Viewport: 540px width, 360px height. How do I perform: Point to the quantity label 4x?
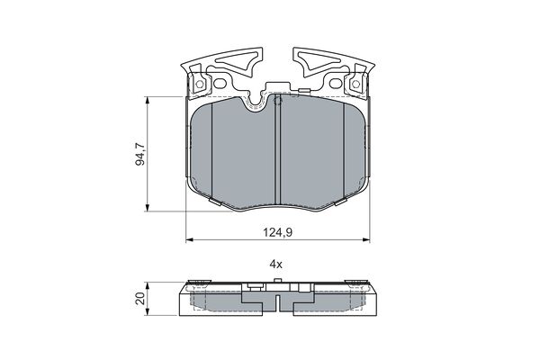(276, 265)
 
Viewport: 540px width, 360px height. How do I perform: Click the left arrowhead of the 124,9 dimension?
(190, 239)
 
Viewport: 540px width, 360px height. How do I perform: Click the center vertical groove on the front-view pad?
(277, 153)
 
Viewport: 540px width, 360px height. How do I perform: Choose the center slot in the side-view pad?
(279, 305)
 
